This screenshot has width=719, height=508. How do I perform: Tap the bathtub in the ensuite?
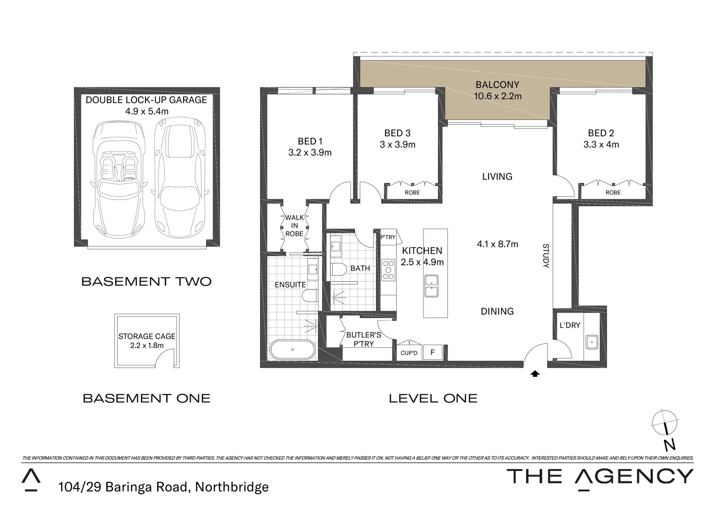[x=292, y=349]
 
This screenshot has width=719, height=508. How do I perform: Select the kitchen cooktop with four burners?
[x=388, y=270]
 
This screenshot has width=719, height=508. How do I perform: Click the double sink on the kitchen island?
[x=431, y=286]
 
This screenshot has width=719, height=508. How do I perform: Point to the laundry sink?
[x=591, y=341]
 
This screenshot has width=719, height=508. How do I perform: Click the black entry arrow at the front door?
[x=535, y=374]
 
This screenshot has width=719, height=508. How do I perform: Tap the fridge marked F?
[x=432, y=352]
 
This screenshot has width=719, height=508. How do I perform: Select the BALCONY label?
[x=497, y=85]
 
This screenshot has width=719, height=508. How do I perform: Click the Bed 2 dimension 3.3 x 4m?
[x=601, y=145]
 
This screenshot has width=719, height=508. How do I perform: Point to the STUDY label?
[x=546, y=256]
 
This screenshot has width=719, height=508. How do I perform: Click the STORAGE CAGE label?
[x=147, y=336]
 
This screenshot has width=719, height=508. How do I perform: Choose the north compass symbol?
[x=665, y=422]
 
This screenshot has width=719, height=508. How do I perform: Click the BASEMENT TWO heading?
[x=146, y=282]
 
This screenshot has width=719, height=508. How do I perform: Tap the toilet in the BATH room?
[x=338, y=270]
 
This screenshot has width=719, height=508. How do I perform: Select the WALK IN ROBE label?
[x=295, y=226]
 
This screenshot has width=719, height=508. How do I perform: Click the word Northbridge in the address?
[x=232, y=487]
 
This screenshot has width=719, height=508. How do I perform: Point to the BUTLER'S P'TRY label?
[x=363, y=339]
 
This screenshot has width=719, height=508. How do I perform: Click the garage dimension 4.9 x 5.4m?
[x=146, y=111]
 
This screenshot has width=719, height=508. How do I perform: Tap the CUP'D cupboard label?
[x=409, y=353]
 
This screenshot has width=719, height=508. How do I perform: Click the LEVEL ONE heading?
[x=433, y=398]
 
